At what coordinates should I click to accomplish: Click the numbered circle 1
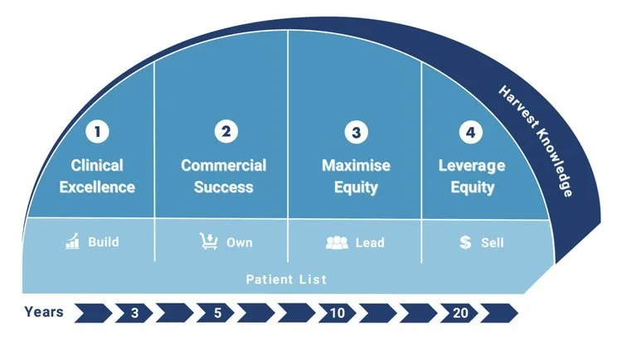[x=97, y=131]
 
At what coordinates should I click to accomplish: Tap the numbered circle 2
[x=226, y=131]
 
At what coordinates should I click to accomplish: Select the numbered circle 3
[x=357, y=132]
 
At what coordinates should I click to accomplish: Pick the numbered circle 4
[x=471, y=132]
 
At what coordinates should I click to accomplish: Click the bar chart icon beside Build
[x=72, y=241]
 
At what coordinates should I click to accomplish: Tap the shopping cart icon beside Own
[x=209, y=241]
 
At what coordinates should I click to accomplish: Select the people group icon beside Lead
[x=337, y=242]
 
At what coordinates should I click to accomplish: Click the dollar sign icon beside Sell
[x=465, y=242]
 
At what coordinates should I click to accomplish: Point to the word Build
[x=103, y=241]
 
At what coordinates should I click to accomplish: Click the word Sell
[x=492, y=242]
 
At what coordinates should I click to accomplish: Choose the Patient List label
[x=286, y=280]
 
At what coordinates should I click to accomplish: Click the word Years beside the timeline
[x=44, y=312]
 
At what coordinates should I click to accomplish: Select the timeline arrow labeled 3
[x=134, y=313]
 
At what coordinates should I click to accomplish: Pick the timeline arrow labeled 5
[x=216, y=313]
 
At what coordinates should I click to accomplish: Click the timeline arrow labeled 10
[x=338, y=313]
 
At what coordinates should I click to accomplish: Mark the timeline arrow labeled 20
[x=459, y=313]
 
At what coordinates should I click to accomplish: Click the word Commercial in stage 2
[x=224, y=166]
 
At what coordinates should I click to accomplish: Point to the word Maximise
[x=357, y=166]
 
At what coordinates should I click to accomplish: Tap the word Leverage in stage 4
[x=472, y=166]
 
